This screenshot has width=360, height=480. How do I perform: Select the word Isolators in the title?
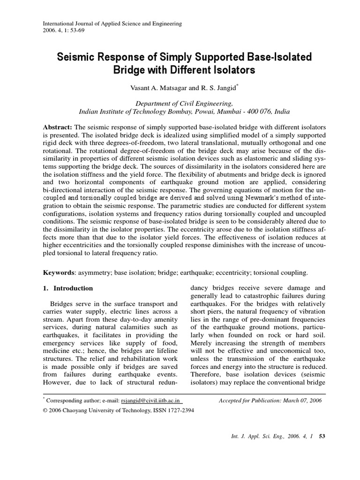[x=232, y=71]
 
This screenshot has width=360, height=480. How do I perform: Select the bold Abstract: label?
[x=58, y=127]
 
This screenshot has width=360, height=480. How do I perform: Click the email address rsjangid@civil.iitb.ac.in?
[x=151, y=401]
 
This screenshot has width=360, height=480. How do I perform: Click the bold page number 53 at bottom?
[x=322, y=436]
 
